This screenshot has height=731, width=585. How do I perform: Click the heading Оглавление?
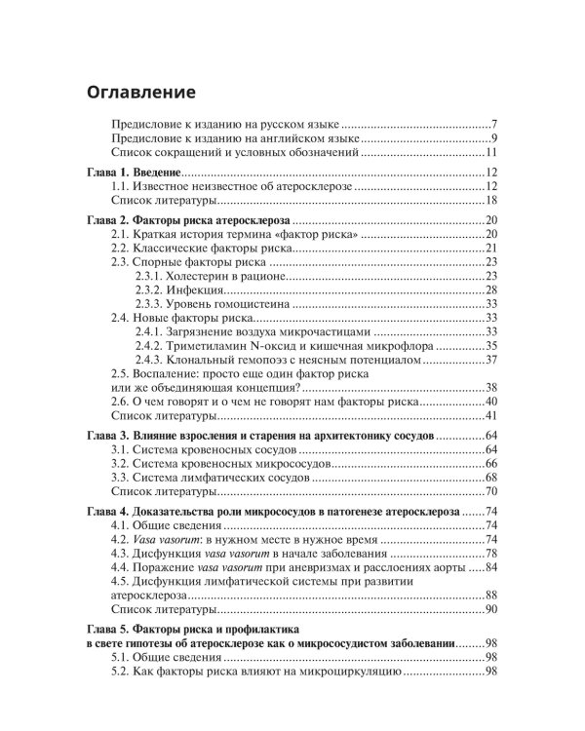141,93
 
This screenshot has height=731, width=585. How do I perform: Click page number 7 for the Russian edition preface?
495,126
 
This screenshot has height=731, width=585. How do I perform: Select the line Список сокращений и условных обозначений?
235,154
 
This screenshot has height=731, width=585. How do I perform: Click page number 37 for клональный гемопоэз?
491,360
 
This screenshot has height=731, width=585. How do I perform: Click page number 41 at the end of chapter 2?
491,416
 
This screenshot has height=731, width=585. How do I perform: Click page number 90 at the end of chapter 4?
491,609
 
